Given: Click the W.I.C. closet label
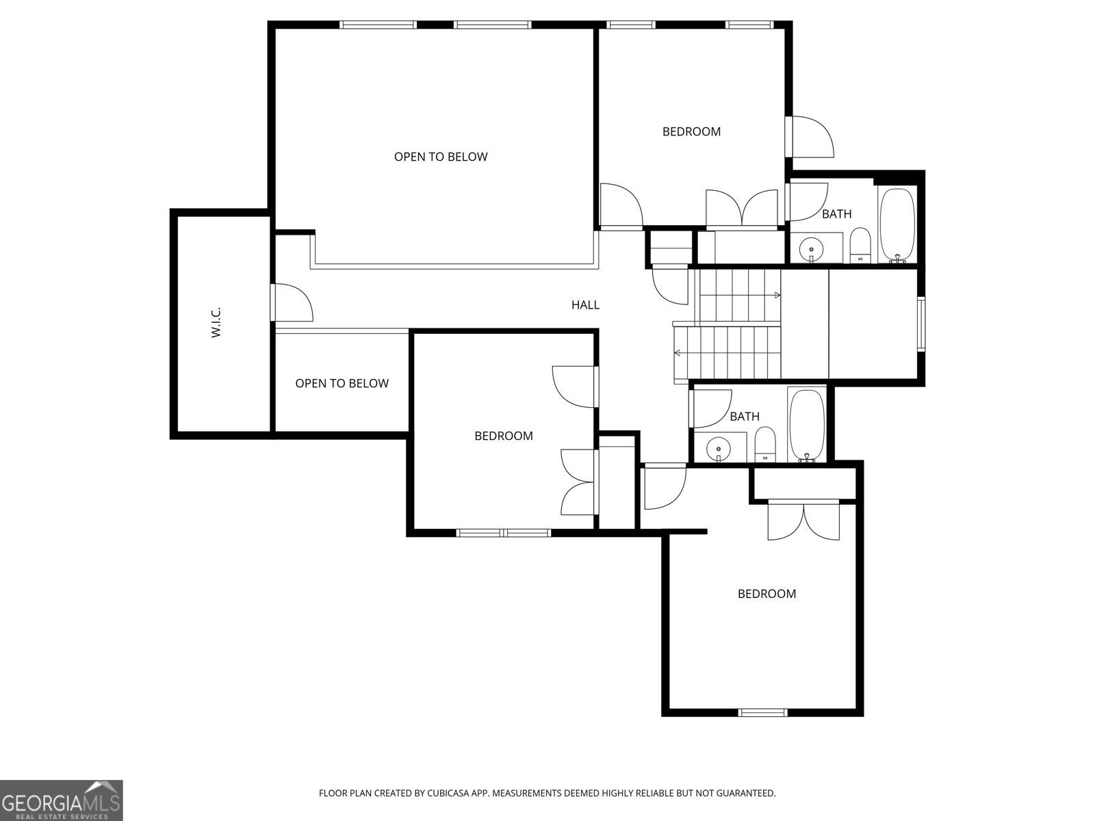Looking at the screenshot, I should pos(216,322).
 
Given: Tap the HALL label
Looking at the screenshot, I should pos(585,305).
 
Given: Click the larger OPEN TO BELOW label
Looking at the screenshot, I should pos(441,157).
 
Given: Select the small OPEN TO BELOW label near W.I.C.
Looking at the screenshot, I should pos(342,384).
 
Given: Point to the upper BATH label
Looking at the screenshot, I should pos(836,214).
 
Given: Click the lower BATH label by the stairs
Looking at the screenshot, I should pos(744,417).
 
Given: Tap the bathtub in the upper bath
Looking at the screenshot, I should pos(897,224).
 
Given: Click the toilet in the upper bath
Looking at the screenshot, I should pos(860,246).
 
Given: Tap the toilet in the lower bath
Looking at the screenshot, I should pos(765,445).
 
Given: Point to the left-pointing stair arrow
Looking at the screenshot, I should pos(678,353).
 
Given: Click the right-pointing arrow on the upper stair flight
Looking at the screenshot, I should pos(777,296).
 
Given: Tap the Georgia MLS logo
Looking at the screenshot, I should pos(61,800).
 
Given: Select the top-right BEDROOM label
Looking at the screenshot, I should pos(691,131).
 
